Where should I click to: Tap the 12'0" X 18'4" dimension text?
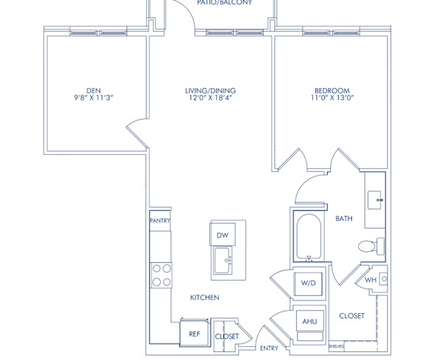click(x=210, y=98)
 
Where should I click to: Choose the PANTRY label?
click(x=160, y=220)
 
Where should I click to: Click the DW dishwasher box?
click(x=221, y=234)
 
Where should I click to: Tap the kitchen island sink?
click(x=222, y=258)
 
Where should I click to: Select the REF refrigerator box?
click(x=194, y=334)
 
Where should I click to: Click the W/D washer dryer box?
click(x=307, y=284)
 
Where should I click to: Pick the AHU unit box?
click(x=307, y=322)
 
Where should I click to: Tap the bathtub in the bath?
click(x=309, y=237)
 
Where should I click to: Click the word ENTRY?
click(x=269, y=348)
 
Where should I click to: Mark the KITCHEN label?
click(x=204, y=298)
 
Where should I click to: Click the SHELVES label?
click(x=337, y=345)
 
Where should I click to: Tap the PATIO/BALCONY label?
click(x=224, y=3)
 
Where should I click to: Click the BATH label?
click(x=344, y=218)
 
